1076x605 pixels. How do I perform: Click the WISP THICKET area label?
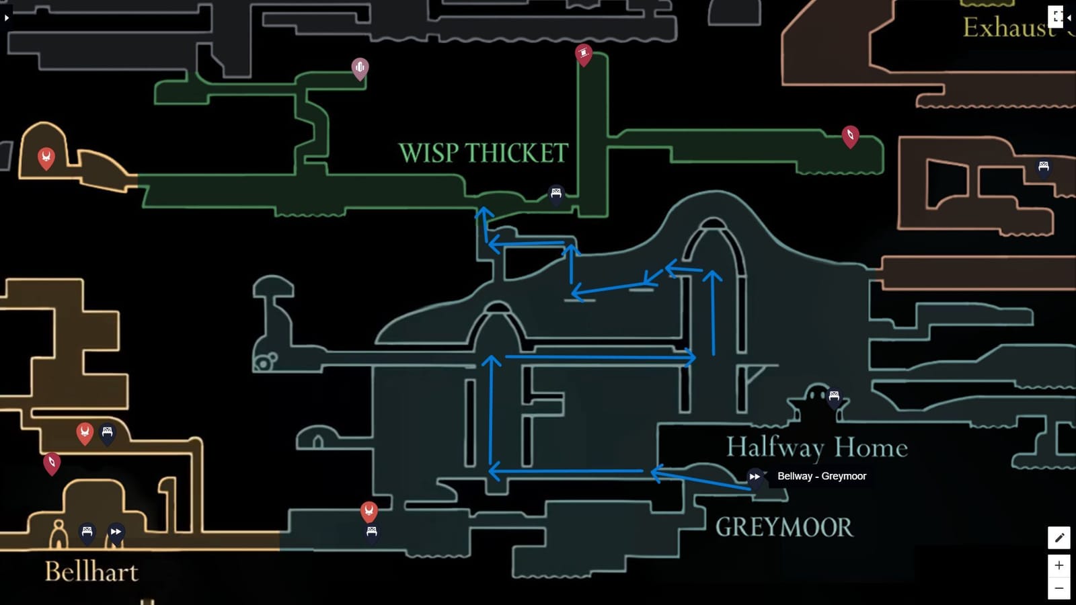point(483,153)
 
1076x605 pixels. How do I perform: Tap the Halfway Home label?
point(816,448)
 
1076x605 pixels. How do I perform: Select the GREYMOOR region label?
point(783,527)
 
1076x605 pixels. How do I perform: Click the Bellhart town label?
point(91,572)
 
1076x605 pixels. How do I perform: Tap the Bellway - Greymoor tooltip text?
point(821,476)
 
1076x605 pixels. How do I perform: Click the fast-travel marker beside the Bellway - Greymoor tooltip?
point(755,477)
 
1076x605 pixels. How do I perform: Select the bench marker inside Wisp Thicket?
point(555,194)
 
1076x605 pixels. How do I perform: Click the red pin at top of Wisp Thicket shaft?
point(583,53)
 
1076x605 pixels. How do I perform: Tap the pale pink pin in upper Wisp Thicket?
point(360,67)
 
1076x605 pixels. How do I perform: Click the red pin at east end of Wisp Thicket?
point(850,135)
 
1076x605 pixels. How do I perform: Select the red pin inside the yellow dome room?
point(46,158)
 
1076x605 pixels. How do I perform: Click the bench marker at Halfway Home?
point(834,397)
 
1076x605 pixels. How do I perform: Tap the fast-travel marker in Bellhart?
point(116,532)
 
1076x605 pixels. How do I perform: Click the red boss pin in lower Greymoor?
point(369,510)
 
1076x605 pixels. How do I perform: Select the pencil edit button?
point(1059,538)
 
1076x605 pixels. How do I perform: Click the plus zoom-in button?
point(1059,565)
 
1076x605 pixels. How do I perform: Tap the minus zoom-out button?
point(1059,588)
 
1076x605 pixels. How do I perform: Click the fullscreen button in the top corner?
point(1056,17)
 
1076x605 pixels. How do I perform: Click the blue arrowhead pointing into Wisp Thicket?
point(483,213)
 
